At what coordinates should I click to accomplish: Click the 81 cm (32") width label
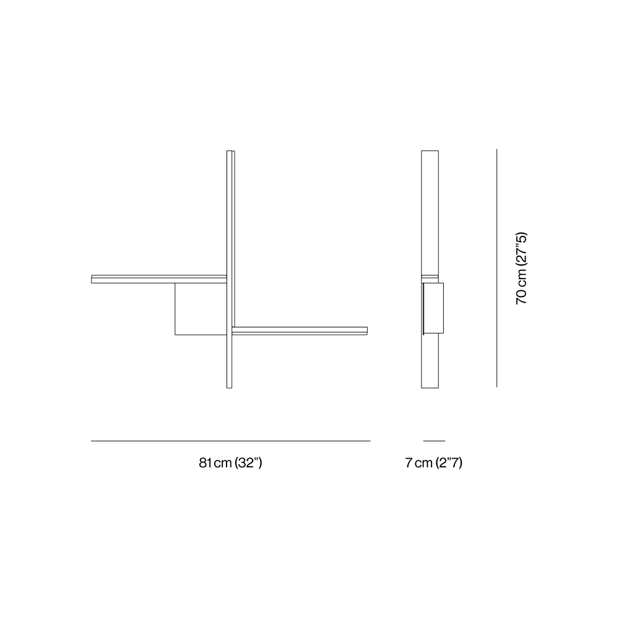click(230, 462)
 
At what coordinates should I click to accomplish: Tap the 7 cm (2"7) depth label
click(433, 462)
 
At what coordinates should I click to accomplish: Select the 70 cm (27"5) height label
click(521, 269)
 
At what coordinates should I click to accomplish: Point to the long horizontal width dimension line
click(230, 441)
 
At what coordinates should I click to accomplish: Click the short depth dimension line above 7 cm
click(434, 441)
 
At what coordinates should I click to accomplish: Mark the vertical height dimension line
click(496, 268)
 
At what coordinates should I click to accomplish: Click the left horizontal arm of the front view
click(159, 279)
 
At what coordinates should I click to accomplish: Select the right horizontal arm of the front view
click(300, 331)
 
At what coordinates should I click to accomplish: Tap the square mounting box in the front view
click(201, 309)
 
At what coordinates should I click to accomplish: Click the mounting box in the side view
click(433, 308)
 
